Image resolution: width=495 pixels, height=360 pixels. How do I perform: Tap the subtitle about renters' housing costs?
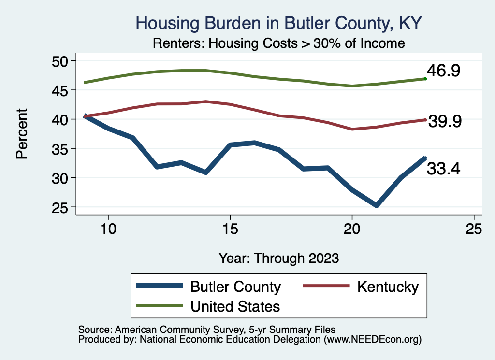tap(278, 43)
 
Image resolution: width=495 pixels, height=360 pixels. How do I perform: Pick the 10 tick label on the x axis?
tap(108, 229)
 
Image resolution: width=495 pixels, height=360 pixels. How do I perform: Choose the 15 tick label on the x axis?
tap(230, 229)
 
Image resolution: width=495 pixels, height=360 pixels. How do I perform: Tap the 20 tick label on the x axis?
tap(352, 229)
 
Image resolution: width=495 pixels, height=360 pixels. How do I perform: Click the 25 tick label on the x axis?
tap(474, 229)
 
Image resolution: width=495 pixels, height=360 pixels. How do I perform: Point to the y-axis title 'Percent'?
tap(21, 134)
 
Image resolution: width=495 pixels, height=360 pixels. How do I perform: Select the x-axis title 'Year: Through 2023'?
tap(278, 258)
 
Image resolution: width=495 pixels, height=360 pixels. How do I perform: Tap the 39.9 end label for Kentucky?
tap(445, 122)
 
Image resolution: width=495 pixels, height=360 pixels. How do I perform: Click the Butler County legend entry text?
tap(235, 287)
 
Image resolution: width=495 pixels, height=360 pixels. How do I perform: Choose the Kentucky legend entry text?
tap(388, 287)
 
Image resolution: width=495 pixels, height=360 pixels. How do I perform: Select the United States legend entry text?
tap(235, 306)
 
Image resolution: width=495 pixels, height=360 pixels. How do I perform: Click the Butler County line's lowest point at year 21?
tap(377, 205)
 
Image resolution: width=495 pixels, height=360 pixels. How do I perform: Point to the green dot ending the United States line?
tap(425, 78)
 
